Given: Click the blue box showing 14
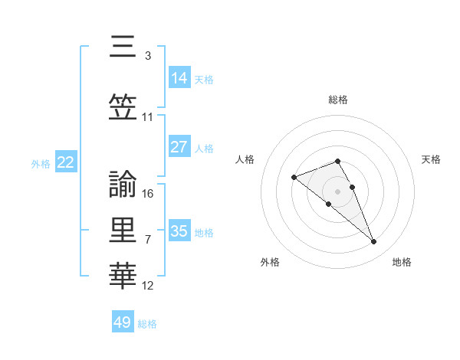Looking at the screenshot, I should pyautogui.click(x=179, y=78).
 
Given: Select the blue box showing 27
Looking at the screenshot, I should pyautogui.click(x=179, y=148).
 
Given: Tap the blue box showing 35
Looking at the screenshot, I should pyautogui.click(x=179, y=231).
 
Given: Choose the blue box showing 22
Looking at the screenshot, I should pyautogui.click(x=66, y=162).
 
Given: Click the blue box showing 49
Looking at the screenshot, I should pyautogui.click(x=123, y=322).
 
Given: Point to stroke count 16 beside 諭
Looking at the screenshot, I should pyautogui.click(x=148, y=193).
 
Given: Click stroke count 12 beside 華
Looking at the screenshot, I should pyautogui.click(x=148, y=286).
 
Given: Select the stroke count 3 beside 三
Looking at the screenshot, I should pyautogui.click(x=147, y=55).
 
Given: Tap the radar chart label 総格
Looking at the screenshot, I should pyautogui.click(x=337, y=100).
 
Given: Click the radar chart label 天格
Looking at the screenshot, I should pyautogui.click(x=431, y=159).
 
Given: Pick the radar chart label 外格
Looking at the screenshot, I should pyautogui.click(x=270, y=262).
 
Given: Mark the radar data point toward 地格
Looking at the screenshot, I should pyautogui.click(x=374, y=242).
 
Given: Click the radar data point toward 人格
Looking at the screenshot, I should pyautogui.click(x=294, y=178).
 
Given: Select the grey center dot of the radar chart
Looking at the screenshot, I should pyautogui.click(x=337, y=191).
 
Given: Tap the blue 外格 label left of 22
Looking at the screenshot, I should pyautogui.click(x=41, y=163).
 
